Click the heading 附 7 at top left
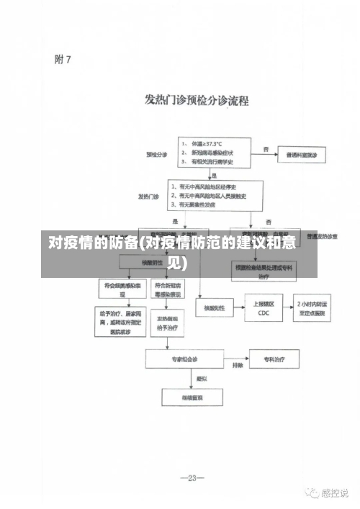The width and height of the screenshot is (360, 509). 63,60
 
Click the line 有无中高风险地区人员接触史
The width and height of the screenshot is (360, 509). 212,195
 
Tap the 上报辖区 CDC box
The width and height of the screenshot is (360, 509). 264,308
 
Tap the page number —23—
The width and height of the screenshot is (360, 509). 192,478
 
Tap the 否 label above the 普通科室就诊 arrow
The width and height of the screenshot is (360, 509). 266,150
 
